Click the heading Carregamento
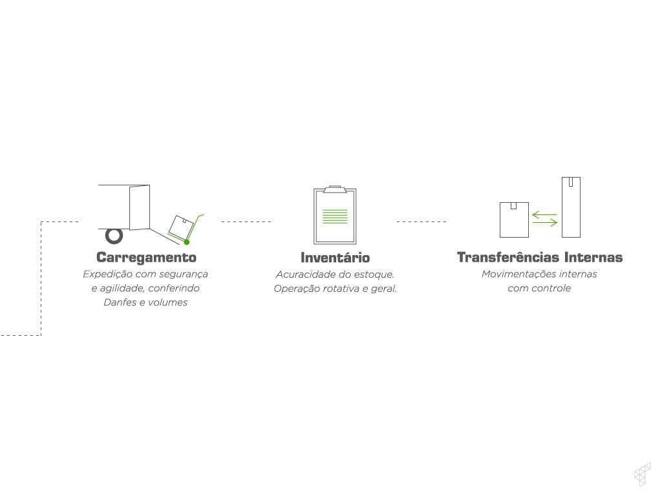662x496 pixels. click(x=146, y=257)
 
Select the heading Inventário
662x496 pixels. click(x=335, y=258)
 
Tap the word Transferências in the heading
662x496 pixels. click(x=506, y=257)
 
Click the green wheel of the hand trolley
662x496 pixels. click(x=186, y=242)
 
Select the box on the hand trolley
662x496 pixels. click(x=180, y=225)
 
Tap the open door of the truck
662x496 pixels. click(x=140, y=207)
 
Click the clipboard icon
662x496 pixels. click(x=335, y=216)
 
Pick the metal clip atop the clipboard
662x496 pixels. click(x=335, y=189)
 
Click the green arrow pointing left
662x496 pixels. click(x=544, y=214)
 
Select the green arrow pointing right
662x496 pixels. click(x=545, y=223)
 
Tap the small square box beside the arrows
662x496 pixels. click(x=514, y=220)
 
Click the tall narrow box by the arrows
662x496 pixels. click(x=571, y=207)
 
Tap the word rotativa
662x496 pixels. click(x=337, y=289)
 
